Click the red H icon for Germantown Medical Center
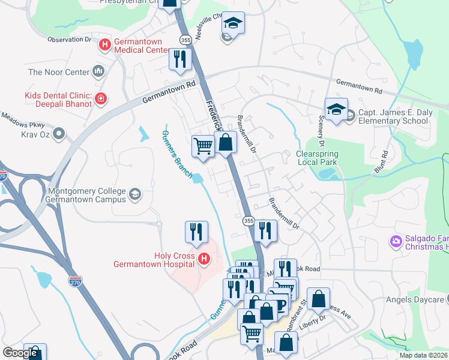tap(105, 44)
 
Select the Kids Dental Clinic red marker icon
tap(101, 98)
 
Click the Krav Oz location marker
tap(59, 133)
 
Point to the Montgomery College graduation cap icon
tap(136, 193)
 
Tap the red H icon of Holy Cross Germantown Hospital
tap(204, 259)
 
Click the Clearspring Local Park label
tap(317, 158)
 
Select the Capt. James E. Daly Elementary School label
tap(393, 117)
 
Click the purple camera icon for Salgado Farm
tap(396, 241)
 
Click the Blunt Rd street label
tap(381, 162)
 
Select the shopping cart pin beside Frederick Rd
tap(203, 145)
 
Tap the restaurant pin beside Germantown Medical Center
tap(179, 59)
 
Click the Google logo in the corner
tap(20, 353)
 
